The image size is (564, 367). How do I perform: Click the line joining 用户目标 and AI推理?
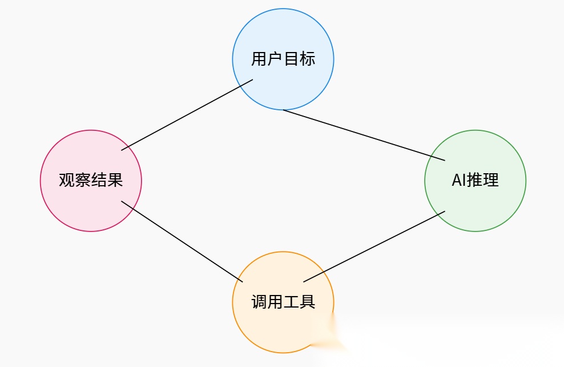pyautogui.click(x=364, y=134)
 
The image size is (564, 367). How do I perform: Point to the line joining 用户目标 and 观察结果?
pyautogui.click(x=187, y=115)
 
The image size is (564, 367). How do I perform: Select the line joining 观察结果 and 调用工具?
pyautogui.click(x=182, y=241)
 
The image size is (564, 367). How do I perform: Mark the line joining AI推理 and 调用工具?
pyautogui.click(x=374, y=246)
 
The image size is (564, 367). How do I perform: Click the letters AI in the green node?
pyautogui.click(x=458, y=180)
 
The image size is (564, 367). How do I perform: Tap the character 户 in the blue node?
pyautogui.click(x=275, y=59)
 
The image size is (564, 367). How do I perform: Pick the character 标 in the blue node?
pyautogui.click(x=307, y=59)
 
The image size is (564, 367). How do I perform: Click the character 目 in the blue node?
pyautogui.click(x=291, y=59)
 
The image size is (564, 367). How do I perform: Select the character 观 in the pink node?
pyautogui.click(x=67, y=181)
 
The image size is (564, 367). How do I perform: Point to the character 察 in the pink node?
pyautogui.click(x=83, y=181)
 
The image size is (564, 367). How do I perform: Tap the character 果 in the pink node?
pyautogui.click(x=115, y=181)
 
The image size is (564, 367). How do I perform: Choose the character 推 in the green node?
pyautogui.click(x=475, y=180)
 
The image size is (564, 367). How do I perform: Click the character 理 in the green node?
pyautogui.click(x=491, y=180)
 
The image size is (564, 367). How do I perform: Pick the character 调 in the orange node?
pyautogui.click(x=259, y=302)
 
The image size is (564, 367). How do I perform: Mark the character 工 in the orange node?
pyautogui.click(x=291, y=302)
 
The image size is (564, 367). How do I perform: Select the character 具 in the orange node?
pyautogui.click(x=307, y=302)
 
